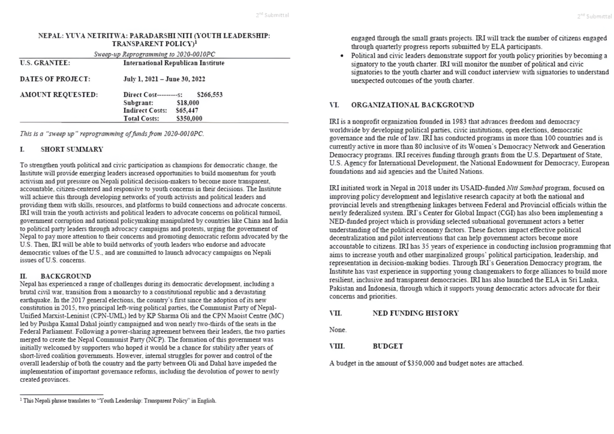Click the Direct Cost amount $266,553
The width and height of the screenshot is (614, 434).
[210, 95]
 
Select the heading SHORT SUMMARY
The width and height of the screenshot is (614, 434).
[71, 149]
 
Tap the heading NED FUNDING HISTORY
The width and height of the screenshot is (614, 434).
[416, 313]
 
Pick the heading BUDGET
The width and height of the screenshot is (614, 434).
[388, 346]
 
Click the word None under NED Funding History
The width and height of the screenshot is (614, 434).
[338, 330]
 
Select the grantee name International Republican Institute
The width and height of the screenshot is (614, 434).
[174, 62]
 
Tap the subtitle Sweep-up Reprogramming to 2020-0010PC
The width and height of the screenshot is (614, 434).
[154, 54]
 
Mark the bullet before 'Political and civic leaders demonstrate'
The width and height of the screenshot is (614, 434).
[341, 56]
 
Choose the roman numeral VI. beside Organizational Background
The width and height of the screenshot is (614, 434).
[335, 105]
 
